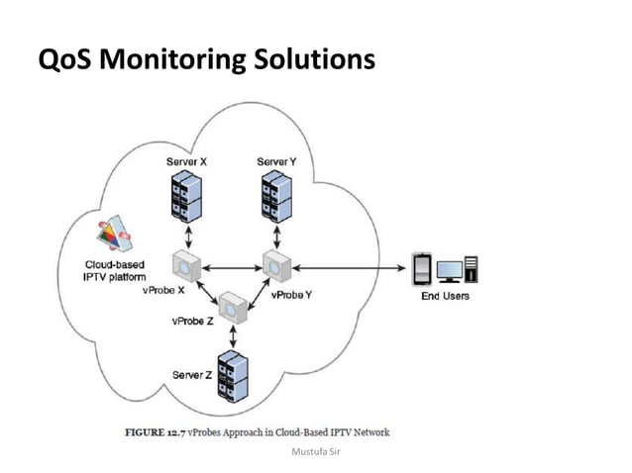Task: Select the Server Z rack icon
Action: click(233, 376)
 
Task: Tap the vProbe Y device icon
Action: click(274, 265)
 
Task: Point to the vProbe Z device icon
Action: click(233, 306)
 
